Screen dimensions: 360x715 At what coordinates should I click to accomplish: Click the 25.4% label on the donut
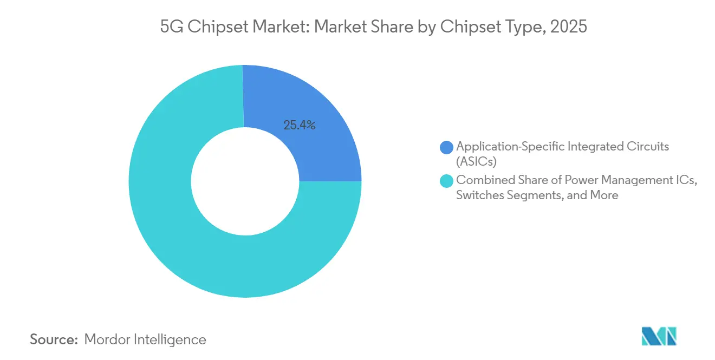300,125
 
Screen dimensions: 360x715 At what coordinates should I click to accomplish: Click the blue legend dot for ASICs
447,147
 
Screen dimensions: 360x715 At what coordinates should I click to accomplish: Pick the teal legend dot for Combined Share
447,181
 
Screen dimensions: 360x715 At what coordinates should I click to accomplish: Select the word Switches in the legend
479,195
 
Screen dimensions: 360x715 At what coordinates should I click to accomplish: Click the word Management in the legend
630,180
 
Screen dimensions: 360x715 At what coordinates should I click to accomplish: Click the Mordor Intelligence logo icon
659,337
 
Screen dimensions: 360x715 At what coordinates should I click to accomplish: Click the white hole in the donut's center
245,181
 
